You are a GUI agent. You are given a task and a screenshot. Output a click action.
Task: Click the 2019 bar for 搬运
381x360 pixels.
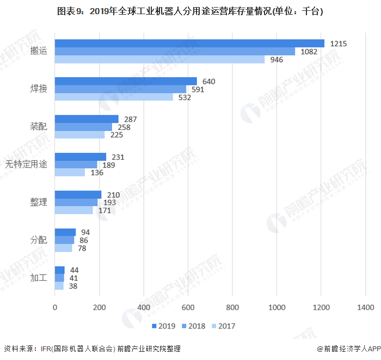[x=189, y=44]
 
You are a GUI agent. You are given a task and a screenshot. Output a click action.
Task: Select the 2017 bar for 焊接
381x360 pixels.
[x=114, y=97]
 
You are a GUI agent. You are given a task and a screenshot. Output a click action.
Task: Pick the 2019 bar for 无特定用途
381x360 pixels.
[x=81, y=157]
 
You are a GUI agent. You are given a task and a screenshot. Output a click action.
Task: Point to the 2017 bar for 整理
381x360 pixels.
[x=74, y=210]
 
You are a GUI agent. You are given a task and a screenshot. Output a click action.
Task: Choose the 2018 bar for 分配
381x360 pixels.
[x=64, y=240]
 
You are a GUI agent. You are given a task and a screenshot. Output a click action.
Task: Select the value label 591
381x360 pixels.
[x=196, y=89]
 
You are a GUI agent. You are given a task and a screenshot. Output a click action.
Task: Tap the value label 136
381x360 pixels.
[x=97, y=172]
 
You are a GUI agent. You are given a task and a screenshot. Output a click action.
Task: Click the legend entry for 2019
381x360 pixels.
[x=163, y=326]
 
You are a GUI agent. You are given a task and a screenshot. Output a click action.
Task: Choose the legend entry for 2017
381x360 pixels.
[x=224, y=326]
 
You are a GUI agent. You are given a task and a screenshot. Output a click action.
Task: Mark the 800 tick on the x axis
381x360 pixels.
[x=232, y=307]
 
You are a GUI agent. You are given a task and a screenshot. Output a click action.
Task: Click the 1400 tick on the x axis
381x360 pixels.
[x=366, y=307]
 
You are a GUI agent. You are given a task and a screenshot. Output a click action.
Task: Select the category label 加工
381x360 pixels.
[x=39, y=278]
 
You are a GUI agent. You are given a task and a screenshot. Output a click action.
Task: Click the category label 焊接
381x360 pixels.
[x=39, y=89]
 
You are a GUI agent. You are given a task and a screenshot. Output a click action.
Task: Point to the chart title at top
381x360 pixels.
[x=190, y=11]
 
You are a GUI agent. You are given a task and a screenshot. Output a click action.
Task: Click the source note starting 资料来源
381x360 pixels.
[x=92, y=349]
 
